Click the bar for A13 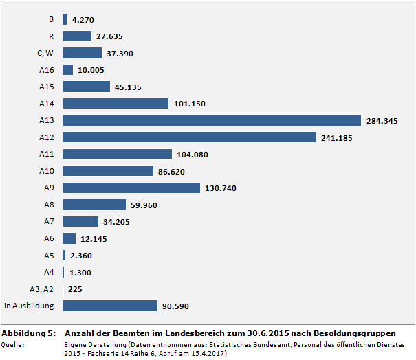coord(212,120)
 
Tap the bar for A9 coord(131,188)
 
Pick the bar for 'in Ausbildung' coord(111,306)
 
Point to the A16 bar coord(68,70)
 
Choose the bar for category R coord(77,36)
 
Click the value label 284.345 coord(383,121)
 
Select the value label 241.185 coord(337,137)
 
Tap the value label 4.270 coord(84,20)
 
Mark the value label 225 coord(76,289)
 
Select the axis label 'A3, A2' coord(42,289)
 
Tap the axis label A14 coord(47,104)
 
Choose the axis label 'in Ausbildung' coord(29,306)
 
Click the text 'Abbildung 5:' coord(28,333)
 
